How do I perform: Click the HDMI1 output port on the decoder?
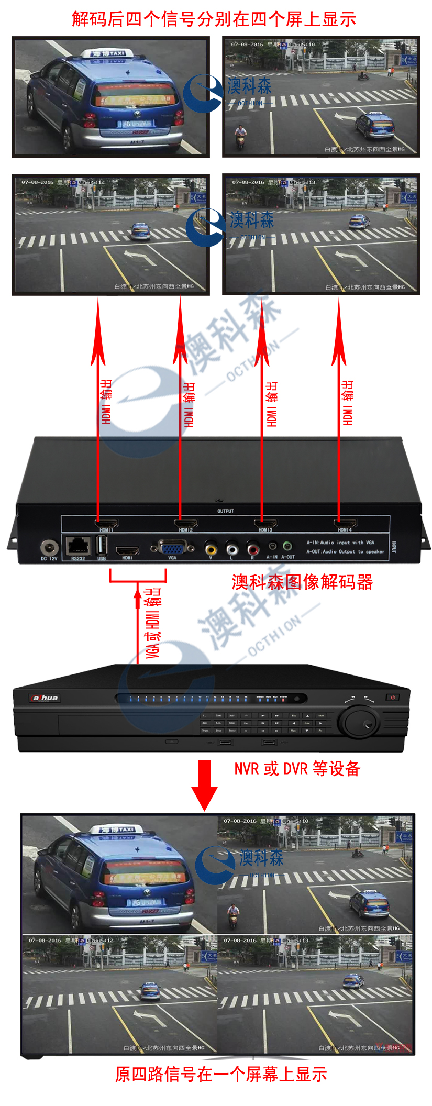pyautogui.click(x=106, y=523)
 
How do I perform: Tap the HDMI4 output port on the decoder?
pyautogui.click(x=345, y=523)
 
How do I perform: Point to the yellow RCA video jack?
pyautogui.click(x=211, y=549)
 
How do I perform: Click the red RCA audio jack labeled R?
pyautogui.click(x=252, y=549)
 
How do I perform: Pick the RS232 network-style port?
pyautogui.click(x=77, y=546)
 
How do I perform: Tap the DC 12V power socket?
pyautogui.click(x=49, y=548)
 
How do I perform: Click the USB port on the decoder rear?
pyautogui.click(x=102, y=546)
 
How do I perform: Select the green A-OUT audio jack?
pyautogui.click(x=287, y=546)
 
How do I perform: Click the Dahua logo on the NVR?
pyautogui.click(x=45, y=698)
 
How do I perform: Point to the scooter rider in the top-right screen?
pyautogui.click(x=240, y=135)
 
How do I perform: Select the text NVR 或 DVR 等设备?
pyautogui.click(x=297, y=769)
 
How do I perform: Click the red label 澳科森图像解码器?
pyautogui.click(x=302, y=582)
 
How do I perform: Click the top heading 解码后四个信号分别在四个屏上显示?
pyautogui.click(x=214, y=19)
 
